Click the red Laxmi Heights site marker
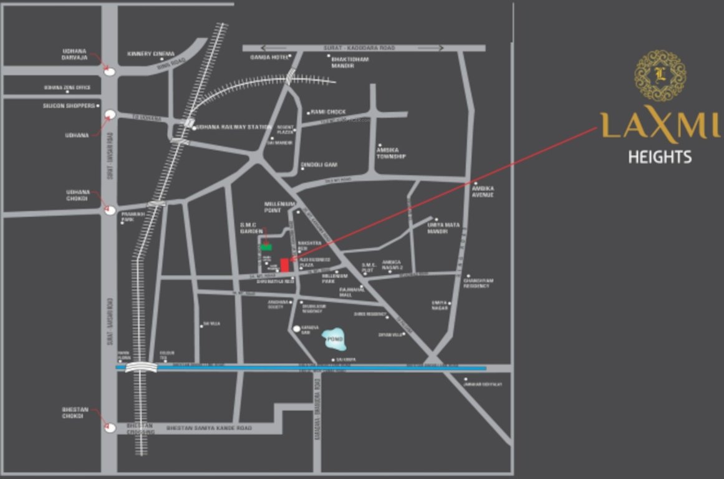[284, 265]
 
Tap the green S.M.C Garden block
[266, 248]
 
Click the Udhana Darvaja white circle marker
[110, 71]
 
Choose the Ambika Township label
[391, 153]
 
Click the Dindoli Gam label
[319, 165]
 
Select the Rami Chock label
[329, 112]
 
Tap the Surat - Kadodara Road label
[350, 48]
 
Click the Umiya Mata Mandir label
[438, 228]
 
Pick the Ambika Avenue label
[483, 191]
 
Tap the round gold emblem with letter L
[660, 75]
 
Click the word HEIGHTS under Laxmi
[660, 157]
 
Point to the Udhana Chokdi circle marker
[110, 210]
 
